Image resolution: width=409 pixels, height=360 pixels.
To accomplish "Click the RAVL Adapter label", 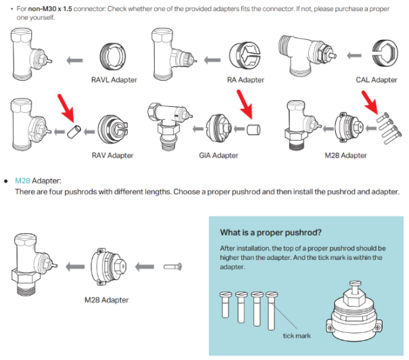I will [x=114, y=80].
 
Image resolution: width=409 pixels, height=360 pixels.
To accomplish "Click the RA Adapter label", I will [x=245, y=80].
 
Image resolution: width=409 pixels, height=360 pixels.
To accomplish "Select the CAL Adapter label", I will [x=376, y=80].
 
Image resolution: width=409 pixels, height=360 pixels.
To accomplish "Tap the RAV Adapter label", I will [x=112, y=155].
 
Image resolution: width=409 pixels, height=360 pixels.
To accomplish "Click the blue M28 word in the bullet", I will [x=23, y=181].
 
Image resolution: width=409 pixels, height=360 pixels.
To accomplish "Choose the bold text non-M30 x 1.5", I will [x=51, y=5].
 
